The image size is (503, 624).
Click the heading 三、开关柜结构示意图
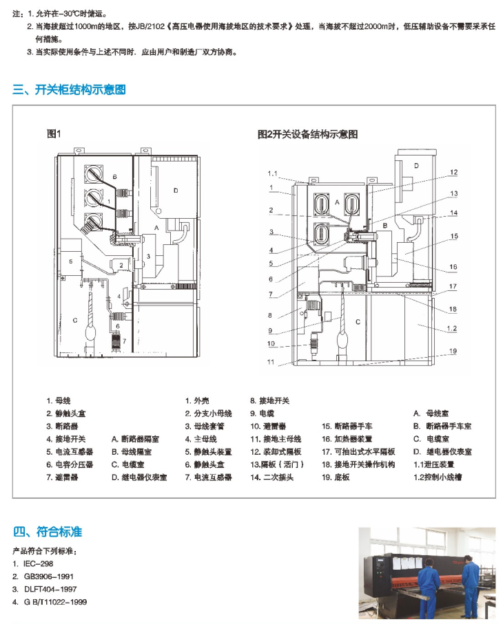[70, 89]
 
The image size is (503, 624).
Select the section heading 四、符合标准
[48, 531]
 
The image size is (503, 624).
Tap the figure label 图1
[54, 133]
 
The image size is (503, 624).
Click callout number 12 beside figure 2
[454, 172]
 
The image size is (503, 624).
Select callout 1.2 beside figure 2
[450, 330]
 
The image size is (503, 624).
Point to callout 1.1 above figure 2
[272, 173]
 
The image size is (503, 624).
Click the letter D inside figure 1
[176, 191]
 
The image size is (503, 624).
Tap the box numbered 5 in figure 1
[70, 261]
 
